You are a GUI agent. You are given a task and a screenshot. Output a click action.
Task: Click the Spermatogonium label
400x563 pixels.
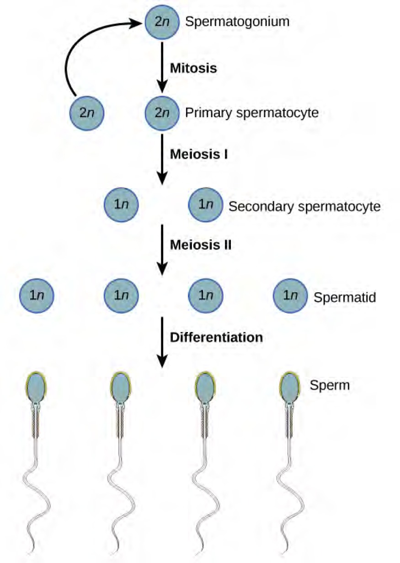[237, 21]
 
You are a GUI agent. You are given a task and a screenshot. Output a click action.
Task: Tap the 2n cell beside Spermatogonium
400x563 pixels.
[162, 22]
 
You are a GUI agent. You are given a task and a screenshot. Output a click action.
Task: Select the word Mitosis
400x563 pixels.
[193, 69]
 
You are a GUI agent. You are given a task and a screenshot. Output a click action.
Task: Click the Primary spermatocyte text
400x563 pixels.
[251, 113]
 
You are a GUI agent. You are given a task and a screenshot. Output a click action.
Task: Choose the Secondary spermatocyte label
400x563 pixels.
[304, 206]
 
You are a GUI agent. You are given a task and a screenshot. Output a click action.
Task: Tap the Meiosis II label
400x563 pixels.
[201, 245]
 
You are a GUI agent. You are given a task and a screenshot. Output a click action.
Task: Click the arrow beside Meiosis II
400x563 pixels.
[162, 249]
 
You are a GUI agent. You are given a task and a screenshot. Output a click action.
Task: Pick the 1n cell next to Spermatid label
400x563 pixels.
[290, 296]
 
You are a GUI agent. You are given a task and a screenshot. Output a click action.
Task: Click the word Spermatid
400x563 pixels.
[345, 298]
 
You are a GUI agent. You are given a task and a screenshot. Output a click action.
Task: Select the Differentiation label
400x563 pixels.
[216, 338]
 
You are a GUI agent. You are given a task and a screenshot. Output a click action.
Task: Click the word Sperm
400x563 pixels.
[330, 385]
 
